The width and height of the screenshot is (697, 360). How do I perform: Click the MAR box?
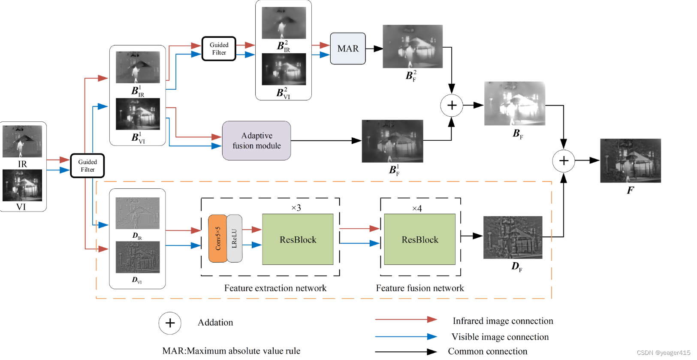tap(348, 48)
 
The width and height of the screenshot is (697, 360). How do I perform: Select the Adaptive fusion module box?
tap(256, 141)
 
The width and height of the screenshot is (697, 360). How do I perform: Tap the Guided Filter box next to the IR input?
tap(88, 166)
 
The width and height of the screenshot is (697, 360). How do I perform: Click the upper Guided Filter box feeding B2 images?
tap(219, 48)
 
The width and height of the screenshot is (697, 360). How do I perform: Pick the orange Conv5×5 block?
tap(217, 239)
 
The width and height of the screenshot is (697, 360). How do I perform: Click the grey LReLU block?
tap(234, 239)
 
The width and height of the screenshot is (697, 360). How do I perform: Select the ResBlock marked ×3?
tap(298, 239)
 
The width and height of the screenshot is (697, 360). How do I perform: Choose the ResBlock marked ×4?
tap(419, 239)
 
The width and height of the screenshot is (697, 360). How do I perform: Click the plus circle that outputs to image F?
tap(564, 161)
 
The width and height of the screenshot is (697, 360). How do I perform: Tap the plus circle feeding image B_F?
tap(452, 105)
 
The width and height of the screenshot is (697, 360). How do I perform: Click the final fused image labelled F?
tap(630, 160)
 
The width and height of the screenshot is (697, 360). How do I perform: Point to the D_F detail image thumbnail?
tap(513, 237)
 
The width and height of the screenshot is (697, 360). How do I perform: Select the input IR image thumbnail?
tap(22, 141)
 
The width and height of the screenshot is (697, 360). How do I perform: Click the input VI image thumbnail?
tap(22, 185)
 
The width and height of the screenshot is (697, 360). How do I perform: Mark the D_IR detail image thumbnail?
tap(137, 213)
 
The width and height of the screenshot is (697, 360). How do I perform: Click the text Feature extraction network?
tap(275, 288)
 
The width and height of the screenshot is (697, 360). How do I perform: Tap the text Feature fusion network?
tap(420, 288)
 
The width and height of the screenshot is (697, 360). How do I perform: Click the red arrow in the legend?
tap(405, 320)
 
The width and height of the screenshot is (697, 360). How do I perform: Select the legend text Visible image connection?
tap(500, 337)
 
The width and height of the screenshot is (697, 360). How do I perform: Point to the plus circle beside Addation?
tap(170, 323)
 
